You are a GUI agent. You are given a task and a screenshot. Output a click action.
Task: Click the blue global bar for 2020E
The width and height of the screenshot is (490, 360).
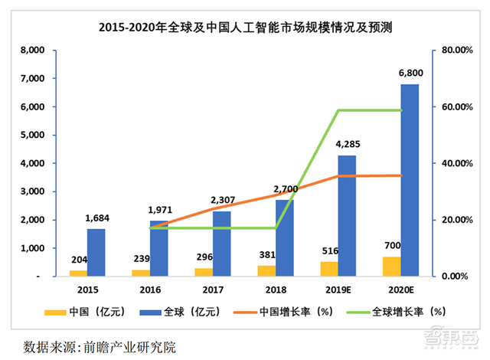tap(410, 180)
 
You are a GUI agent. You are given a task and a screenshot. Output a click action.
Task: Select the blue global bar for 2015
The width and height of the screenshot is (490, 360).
tap(96, 253)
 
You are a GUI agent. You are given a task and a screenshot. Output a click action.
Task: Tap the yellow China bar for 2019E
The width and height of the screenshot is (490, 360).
tap(329, 269)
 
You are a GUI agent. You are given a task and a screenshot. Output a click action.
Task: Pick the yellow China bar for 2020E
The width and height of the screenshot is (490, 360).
tap(392, 267)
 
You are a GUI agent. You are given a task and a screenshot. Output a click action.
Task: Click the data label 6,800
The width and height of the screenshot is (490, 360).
tap(410, 73)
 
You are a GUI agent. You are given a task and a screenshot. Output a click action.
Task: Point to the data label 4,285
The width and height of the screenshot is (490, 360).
tap(348, 144)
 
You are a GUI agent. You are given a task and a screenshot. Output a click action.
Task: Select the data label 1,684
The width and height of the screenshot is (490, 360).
tap(97, 218)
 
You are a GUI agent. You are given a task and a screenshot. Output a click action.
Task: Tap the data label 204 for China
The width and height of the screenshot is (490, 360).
tap(79, 260)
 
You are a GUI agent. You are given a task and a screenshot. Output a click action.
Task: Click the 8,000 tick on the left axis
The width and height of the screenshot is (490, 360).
tap(32, 50)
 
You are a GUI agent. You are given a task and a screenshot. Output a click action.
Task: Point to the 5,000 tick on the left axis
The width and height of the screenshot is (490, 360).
tap(32, 135)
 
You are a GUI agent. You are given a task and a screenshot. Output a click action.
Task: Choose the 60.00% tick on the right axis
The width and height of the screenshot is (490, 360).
tap(457, 107)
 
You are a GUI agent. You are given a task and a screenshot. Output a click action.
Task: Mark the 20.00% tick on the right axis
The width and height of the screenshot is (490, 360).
tap(457, 220)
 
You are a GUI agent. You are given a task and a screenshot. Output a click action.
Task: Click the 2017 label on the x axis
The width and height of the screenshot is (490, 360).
tap(213, 290)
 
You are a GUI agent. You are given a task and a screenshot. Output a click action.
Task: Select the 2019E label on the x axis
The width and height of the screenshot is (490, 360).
tap(338, 290)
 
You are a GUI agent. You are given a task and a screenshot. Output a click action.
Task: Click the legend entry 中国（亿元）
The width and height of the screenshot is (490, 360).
tap(85, 312)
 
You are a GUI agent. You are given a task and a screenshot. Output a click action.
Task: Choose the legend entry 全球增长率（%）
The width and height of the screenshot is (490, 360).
tap(397, 312)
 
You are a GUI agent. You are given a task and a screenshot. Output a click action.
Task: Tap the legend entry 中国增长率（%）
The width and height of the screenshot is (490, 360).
tap(283, 312)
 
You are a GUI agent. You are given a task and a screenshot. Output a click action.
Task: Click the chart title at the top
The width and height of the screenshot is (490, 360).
tap(245, 28)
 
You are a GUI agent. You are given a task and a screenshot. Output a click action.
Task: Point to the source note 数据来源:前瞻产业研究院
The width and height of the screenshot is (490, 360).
tap(100, 347)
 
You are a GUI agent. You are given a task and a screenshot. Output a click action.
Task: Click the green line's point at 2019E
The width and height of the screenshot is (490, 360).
tap(338, 110)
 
